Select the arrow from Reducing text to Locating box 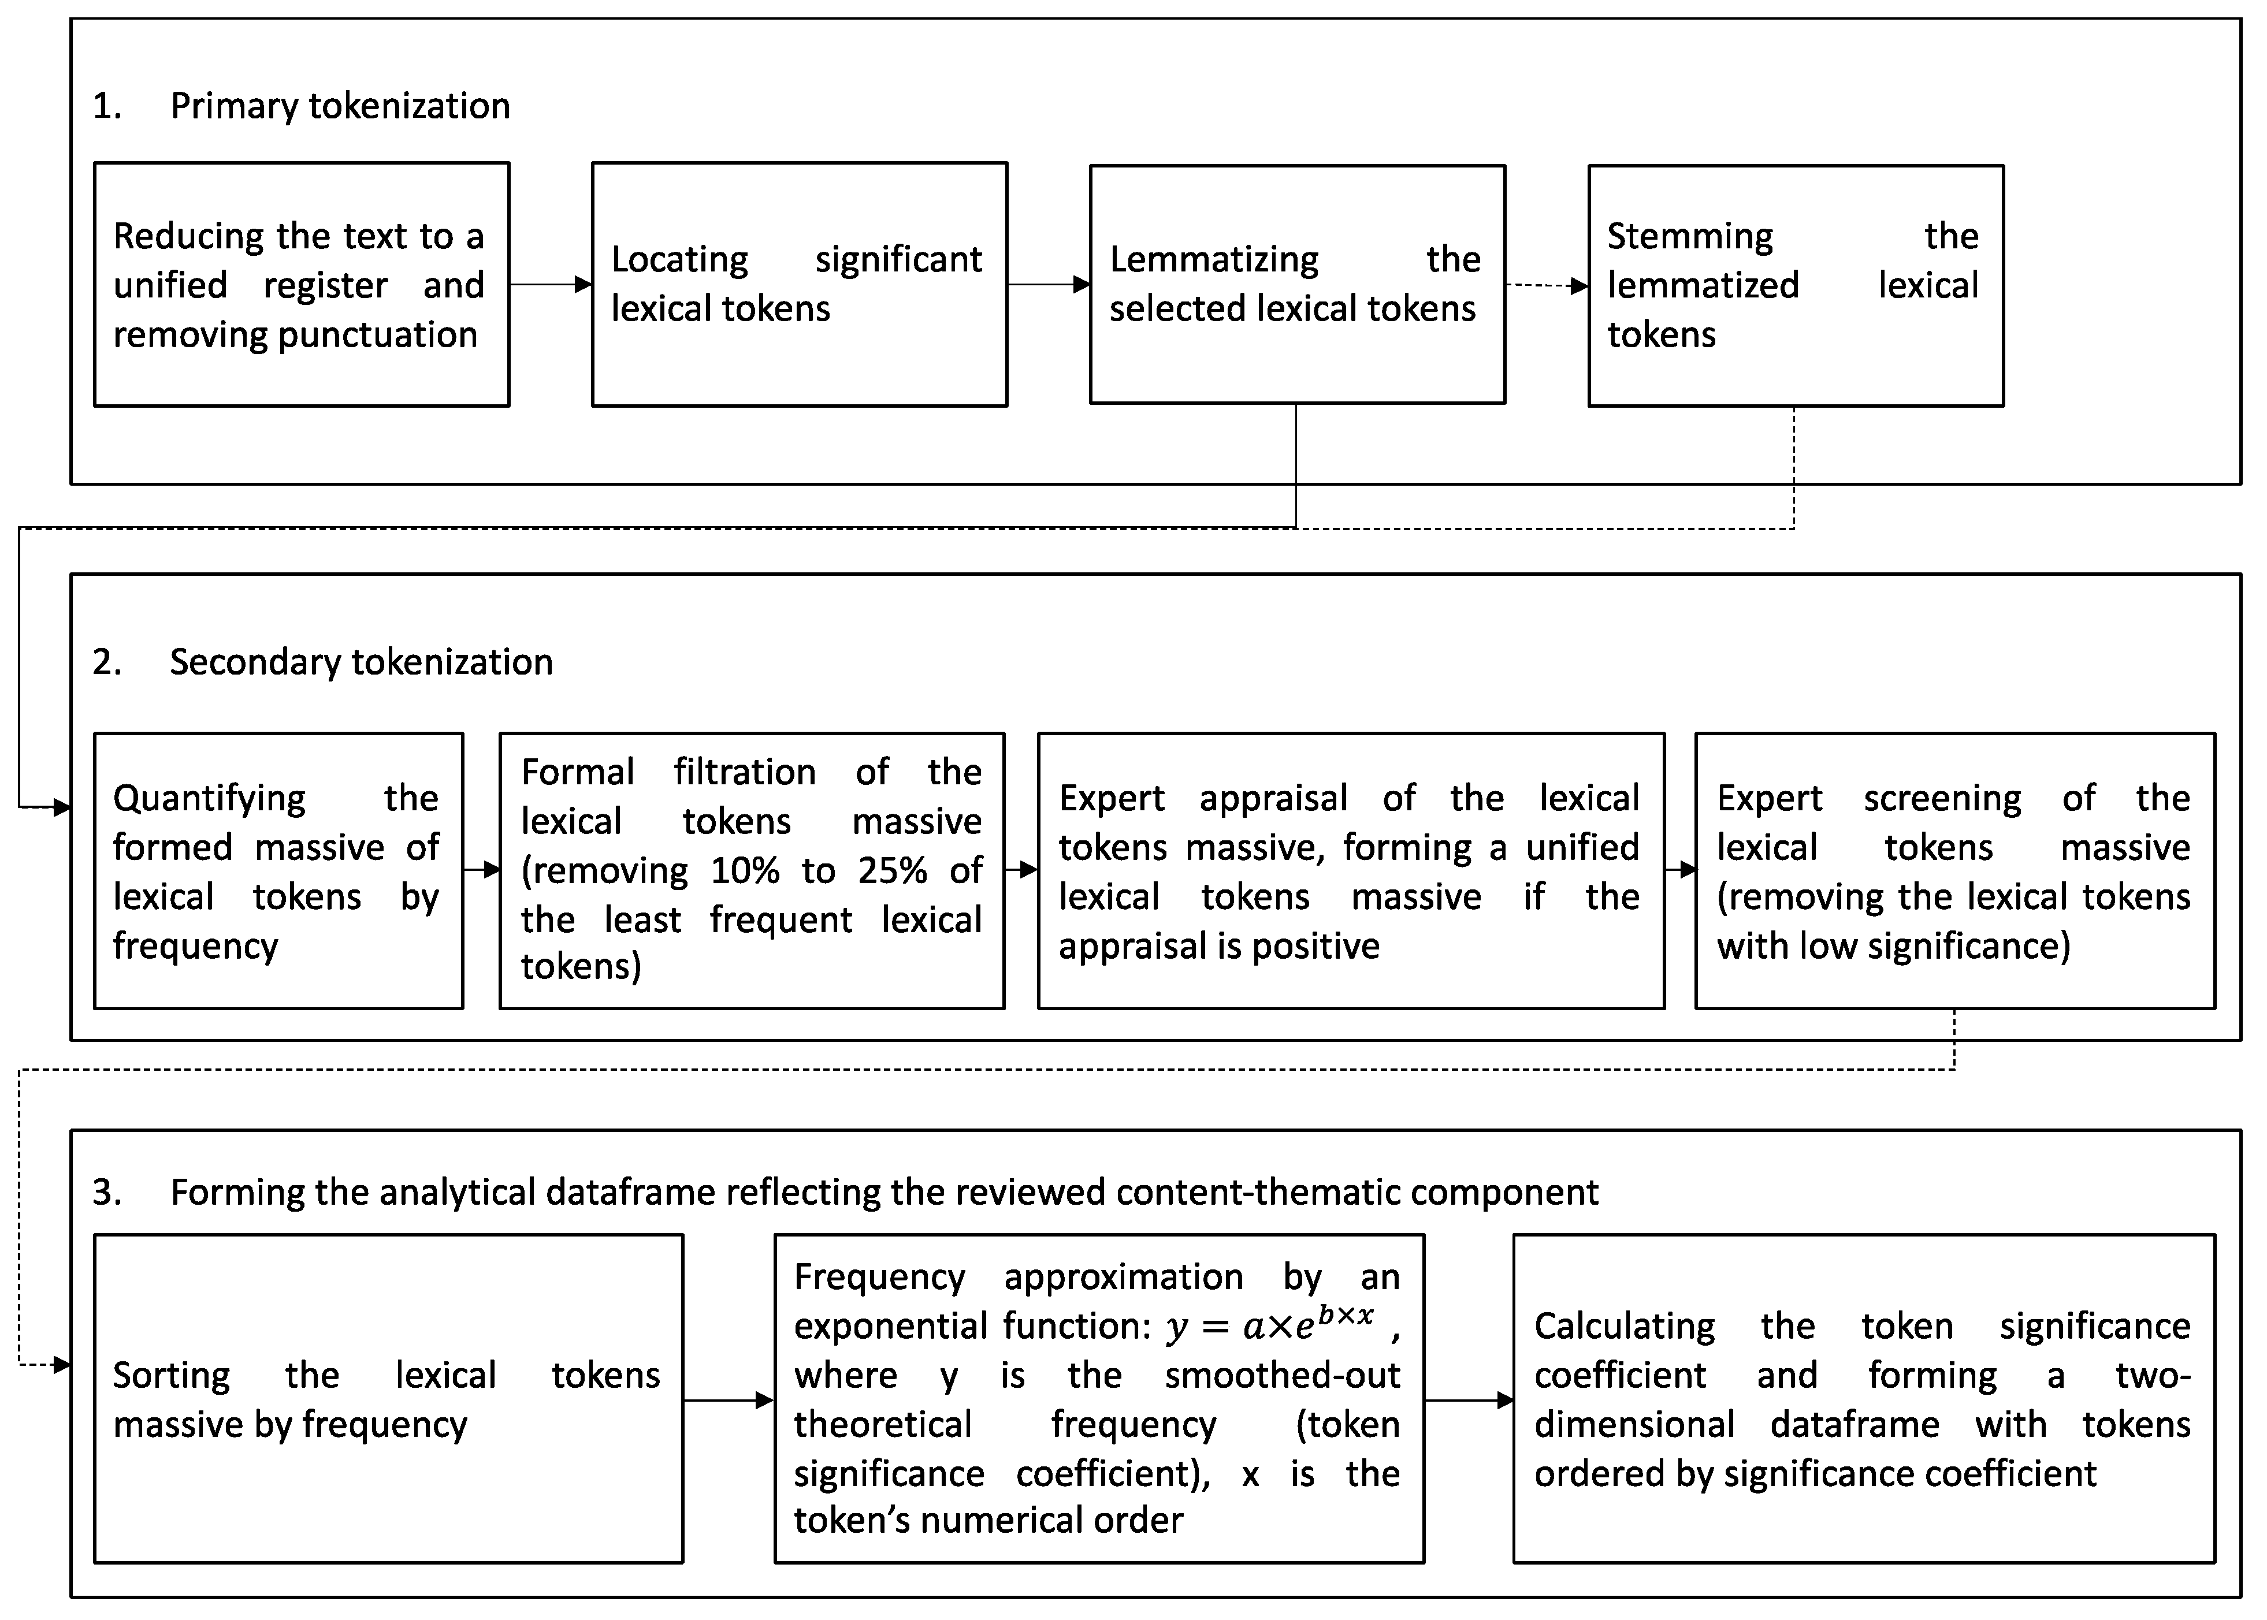[x=551, y=285]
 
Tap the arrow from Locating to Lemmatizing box [x=1047, y=285]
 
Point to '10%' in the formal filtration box [x=744, y=871]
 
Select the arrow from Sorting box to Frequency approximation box [x=729, y=1401]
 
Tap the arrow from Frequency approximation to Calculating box [x=1469, y=1401]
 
